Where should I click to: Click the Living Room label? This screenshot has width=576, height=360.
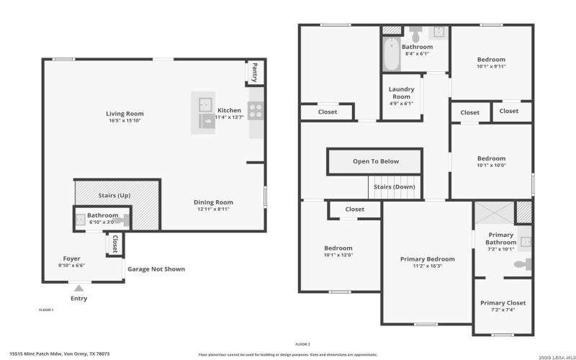click(x=125, y=113)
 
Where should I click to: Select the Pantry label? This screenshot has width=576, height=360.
click(x=254, y=72)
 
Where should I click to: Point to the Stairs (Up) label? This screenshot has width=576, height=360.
click(x=114, y=195)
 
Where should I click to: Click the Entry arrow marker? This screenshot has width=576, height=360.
click(x=78, y=287)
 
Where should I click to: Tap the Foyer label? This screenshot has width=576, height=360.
click(x=71, y=258)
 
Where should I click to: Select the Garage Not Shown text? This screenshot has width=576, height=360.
click(x=156, y=269)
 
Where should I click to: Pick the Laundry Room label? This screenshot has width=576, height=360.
click(x=401, y=93)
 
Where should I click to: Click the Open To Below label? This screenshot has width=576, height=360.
click(x=375, y=161)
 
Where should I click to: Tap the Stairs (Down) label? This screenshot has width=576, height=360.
click(x=395, y=186)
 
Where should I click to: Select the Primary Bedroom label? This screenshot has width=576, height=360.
click(x=428, y=258)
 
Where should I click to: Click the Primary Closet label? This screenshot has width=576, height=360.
click(x=503, y=302)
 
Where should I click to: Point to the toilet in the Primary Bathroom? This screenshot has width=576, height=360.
click(x=521, y=265)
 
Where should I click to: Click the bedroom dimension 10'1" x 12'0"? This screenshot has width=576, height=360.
click(x=338, y=254)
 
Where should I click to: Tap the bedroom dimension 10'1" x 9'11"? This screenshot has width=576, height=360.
click(x=491, y=66)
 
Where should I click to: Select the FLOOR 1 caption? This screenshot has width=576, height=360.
click(x=46, y=310)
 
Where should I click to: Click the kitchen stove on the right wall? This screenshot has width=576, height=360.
click(x=255, y=110)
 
